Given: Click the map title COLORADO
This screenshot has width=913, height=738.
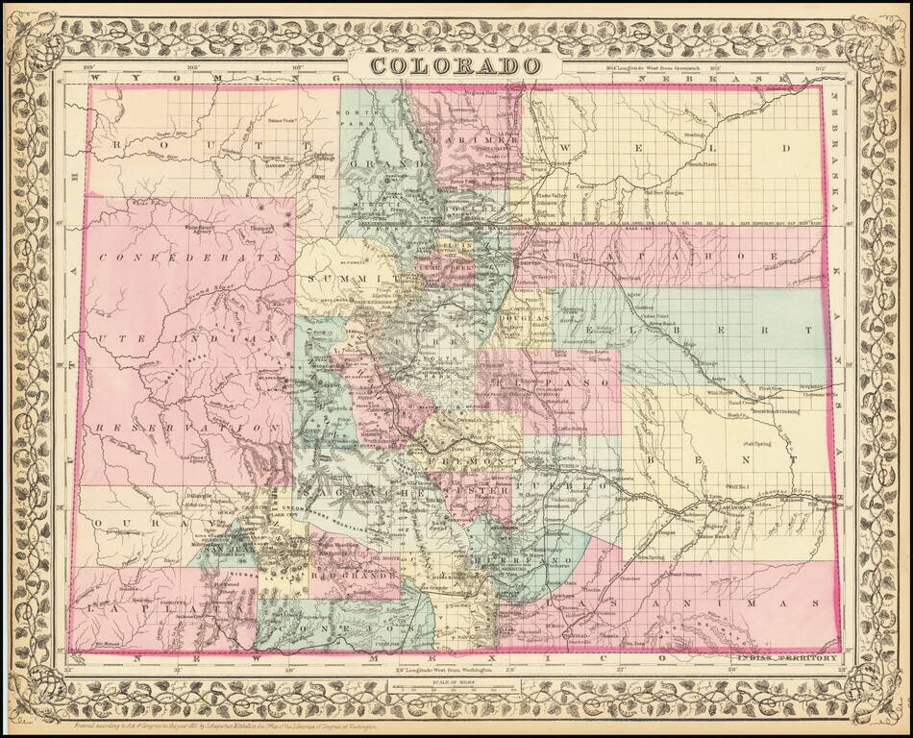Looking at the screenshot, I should [x=456, y=65].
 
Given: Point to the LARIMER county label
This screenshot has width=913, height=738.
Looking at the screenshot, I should [x=474, y=139].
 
